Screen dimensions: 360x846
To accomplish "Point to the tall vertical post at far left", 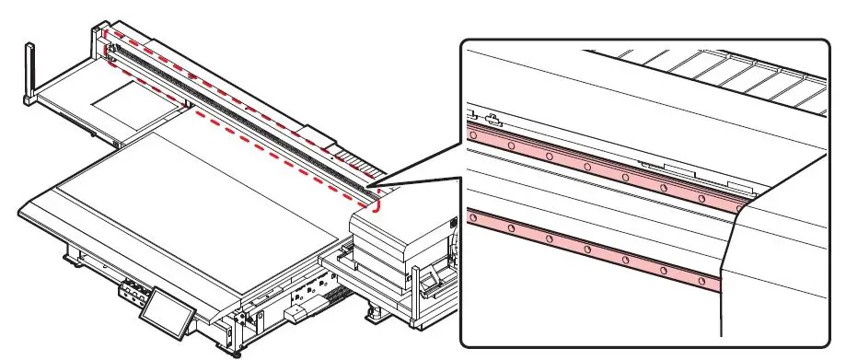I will (x=30, y=69).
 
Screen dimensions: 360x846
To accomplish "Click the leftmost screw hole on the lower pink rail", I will (x=473, y=218).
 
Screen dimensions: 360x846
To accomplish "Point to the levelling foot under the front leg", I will (x=227, y=351).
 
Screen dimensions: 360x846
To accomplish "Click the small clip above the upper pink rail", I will (x=493, y=118).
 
